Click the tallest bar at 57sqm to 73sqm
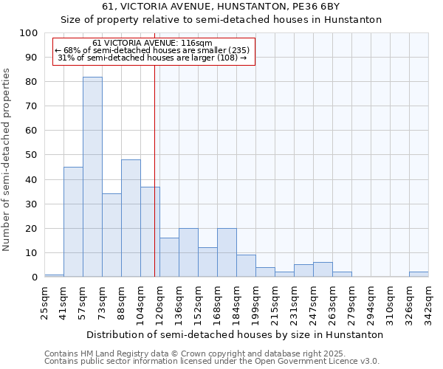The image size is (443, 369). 92,177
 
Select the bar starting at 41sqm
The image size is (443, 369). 73,222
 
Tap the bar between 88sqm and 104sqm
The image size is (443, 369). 131,218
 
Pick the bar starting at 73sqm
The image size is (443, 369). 111,235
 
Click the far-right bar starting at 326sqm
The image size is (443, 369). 419,275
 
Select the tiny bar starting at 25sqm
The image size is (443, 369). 54,276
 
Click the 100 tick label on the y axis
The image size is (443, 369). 29,33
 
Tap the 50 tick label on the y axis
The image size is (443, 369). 32,155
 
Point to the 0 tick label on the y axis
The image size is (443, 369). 35,277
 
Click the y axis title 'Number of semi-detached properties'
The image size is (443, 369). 7,159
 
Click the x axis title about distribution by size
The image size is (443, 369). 235,334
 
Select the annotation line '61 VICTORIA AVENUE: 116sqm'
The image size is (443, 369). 154,43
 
